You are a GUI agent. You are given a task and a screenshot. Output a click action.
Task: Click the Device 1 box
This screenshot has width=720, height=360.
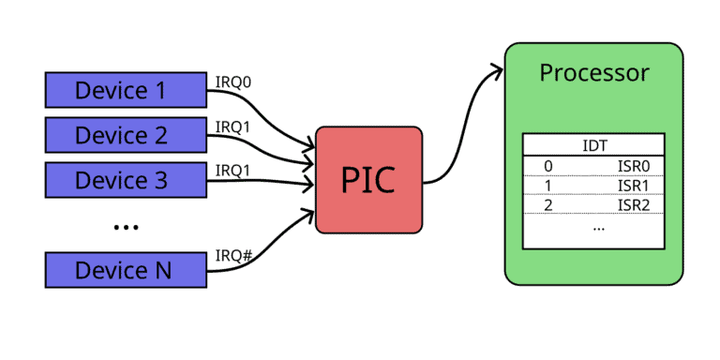click(x=126, y=90)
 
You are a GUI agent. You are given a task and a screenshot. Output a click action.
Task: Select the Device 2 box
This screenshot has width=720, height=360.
click(x=126, y=135)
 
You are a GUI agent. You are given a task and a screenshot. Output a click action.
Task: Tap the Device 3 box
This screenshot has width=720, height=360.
click(x=126, y=180)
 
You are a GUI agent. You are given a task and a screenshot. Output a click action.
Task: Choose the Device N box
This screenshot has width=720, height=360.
click(x=126, y=270)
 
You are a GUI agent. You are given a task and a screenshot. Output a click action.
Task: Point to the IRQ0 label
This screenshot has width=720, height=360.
click(x=233, y=81)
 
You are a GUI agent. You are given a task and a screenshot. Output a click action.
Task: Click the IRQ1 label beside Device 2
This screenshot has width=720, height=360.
click(x=233, y=126)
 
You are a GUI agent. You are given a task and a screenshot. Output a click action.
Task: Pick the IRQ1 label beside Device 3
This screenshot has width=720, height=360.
click(x=233, y=171)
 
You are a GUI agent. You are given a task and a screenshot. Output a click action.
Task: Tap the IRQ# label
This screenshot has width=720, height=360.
click(x=233, y=256)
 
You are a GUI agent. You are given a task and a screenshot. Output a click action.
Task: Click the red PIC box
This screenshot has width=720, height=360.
click(x=368, y=179)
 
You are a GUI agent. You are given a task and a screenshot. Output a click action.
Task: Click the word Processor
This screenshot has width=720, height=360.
click(x=593, y=72)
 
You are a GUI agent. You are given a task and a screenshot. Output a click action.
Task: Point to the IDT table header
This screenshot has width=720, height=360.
click(x=593, y=145)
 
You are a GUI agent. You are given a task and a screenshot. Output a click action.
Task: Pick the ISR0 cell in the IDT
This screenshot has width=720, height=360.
click(x=634, y=166)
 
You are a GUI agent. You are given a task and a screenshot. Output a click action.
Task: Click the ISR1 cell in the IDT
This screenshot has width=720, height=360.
click(x=634, y=186)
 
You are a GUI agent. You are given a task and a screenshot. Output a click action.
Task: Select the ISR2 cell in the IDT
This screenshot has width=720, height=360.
click(x=634, y=204)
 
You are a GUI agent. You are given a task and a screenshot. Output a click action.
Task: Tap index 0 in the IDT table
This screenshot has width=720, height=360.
click(x=548, y=166)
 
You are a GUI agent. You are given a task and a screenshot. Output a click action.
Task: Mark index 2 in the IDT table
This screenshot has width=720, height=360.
click(x=548, y=204)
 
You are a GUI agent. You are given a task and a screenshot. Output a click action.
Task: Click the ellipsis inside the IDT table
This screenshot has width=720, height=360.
click(x=599, y=227)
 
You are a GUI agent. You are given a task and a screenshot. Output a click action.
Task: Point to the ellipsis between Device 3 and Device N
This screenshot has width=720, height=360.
click(x=126, y=227)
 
